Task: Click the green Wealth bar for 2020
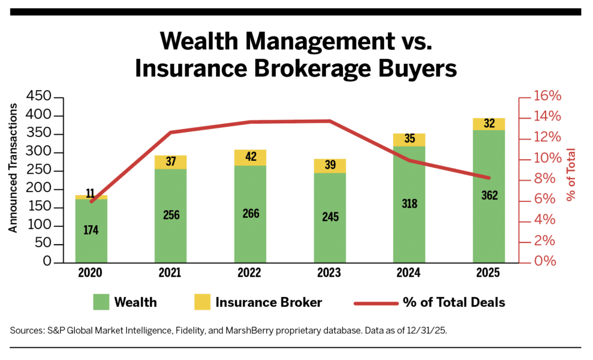91,231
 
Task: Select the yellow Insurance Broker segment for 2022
250,157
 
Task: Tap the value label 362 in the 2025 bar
489,195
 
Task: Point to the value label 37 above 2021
171,161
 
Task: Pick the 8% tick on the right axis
544,179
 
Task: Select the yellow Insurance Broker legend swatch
200,302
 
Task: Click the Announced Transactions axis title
13,168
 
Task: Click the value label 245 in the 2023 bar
330,217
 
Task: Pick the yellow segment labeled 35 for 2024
409,139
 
